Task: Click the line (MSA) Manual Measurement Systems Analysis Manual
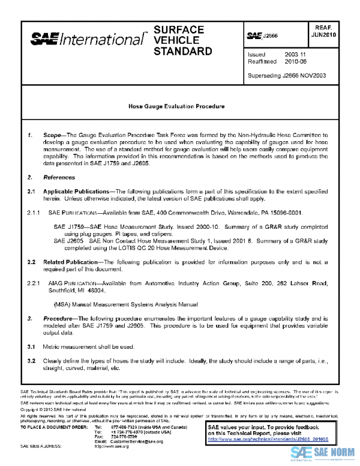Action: point(125,304)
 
